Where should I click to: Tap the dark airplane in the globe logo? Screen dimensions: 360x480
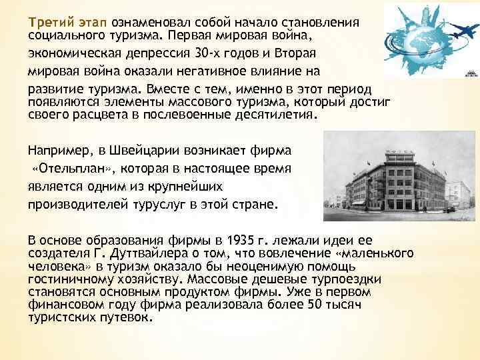pyautogui.click(x=460, y=31)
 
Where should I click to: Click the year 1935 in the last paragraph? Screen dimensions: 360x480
pyautogui.click(x=239, y=239)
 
